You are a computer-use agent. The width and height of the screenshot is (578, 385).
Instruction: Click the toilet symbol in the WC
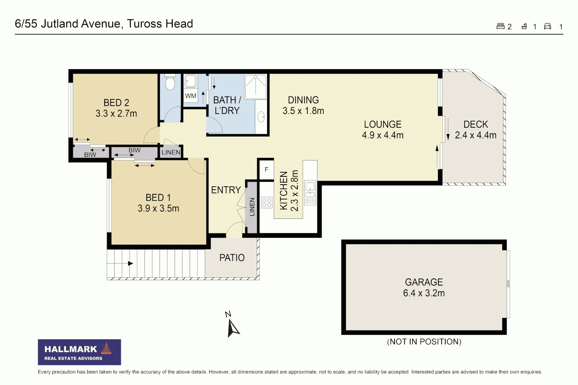click(170, 83)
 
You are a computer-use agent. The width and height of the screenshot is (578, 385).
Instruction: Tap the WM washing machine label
click(191, 96)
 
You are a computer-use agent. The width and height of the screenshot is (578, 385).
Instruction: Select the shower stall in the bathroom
click(256, 86)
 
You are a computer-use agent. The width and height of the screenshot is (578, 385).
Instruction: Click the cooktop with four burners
click(267, 202)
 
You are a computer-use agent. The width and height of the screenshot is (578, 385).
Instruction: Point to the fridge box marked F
click(266, 170)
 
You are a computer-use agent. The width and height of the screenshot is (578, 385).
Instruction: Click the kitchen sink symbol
click(310, 190)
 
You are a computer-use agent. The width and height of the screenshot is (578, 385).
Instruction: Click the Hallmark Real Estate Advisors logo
click(79, 352)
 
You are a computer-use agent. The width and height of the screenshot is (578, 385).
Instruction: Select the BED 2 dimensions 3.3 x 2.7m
click(116, 114)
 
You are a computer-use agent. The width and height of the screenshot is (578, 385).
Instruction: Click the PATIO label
click(232, 258)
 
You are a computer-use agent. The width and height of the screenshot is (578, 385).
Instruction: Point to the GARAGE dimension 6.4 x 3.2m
click(424, 293)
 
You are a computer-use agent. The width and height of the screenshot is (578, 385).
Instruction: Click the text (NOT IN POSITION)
click(424, 342)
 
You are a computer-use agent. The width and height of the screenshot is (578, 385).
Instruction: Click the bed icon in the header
click(500, 26)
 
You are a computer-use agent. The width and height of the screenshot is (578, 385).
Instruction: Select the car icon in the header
click(547, 26)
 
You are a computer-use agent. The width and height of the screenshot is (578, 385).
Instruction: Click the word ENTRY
click(226, 190)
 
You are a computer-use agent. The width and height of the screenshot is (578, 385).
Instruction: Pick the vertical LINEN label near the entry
click(252, 207)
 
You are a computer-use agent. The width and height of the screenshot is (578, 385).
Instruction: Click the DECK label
click(476, 124)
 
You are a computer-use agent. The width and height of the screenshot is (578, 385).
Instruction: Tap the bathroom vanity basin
click(261, 116)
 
